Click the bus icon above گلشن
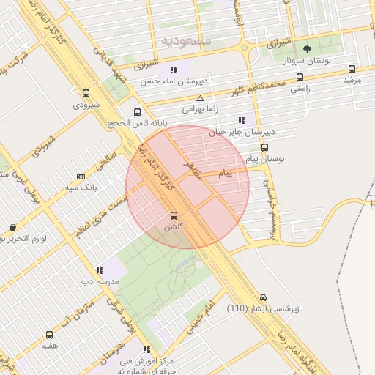174,216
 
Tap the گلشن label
174,228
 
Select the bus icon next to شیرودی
86,94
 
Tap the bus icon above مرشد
352,70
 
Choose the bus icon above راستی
300,78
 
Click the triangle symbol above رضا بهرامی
200,97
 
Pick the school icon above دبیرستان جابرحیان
242,121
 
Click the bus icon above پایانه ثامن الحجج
138,112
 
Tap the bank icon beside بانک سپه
80,177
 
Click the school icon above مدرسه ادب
100,271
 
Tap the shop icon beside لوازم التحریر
12,228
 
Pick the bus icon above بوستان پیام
264,146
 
